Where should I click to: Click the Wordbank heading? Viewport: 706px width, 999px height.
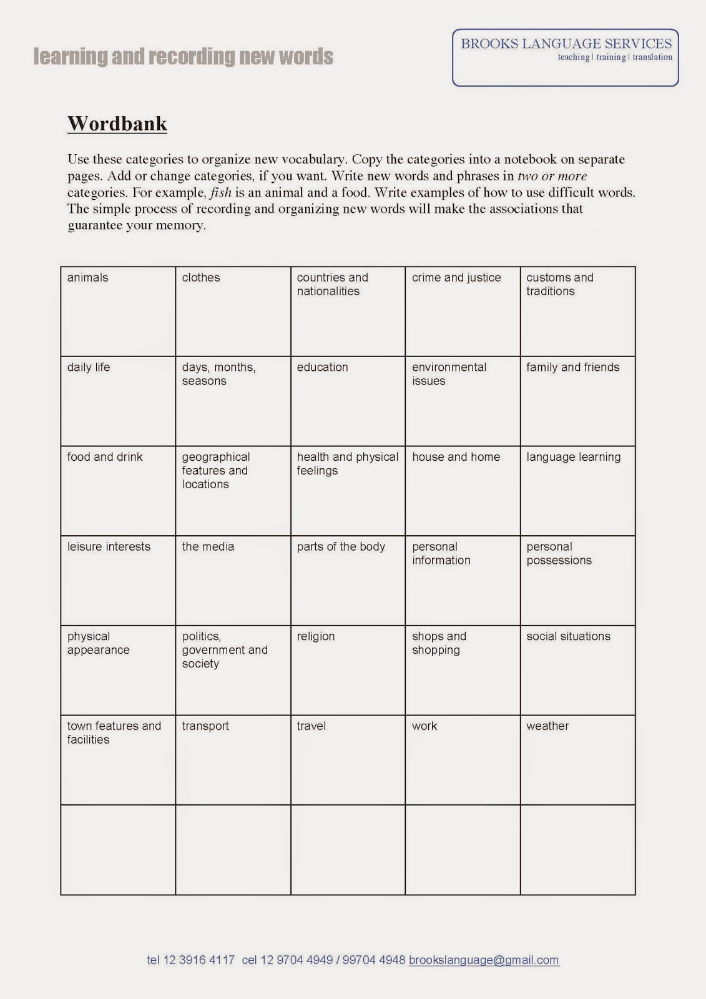click(x=117, y=124)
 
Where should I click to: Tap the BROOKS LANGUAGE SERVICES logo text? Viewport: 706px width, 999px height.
click(x=566, y=44)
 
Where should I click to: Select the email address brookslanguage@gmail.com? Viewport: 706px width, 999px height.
click(x=484, y=960)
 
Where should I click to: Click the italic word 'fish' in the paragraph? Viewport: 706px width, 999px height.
click(x=221, y=193)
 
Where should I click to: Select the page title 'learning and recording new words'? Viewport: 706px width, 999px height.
click(x=183, y=57)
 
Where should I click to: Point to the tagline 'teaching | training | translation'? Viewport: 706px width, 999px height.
click(x=615, y=57)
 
